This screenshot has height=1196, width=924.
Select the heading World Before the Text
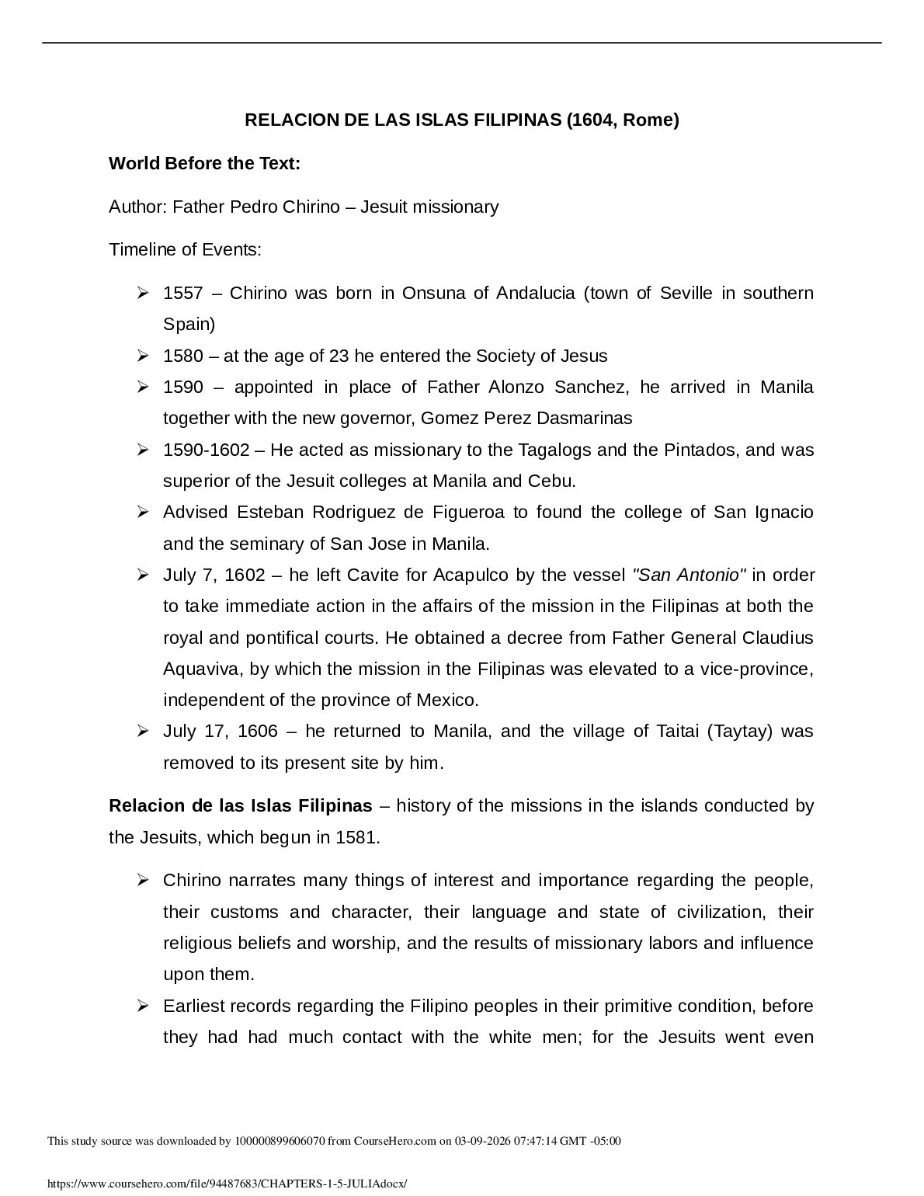pos(204,164)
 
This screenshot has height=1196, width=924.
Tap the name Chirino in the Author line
pos(309,207)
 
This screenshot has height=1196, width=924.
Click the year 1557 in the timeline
pos(182,294)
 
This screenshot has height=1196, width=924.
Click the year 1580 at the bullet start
pos(182,356)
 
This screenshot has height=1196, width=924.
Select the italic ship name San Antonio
pos(690,575)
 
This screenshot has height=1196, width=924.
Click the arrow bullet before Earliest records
pos(143,1007)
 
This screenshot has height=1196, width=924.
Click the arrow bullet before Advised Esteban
pos(143,513)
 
